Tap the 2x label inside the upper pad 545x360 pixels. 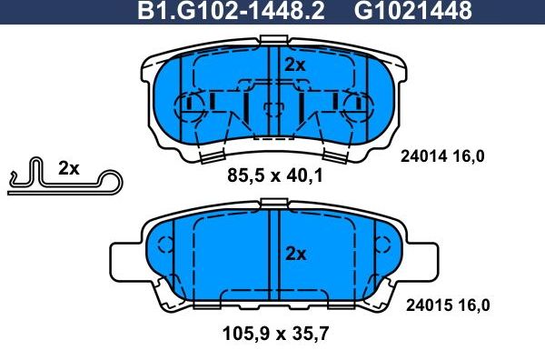point(294,65)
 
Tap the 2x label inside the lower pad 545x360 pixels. point(294,254)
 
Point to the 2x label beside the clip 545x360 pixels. point(69,168)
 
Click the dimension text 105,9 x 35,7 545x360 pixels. point(273,333)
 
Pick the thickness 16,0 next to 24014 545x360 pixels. point(470,155)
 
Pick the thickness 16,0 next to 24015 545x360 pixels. point(470,306)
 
